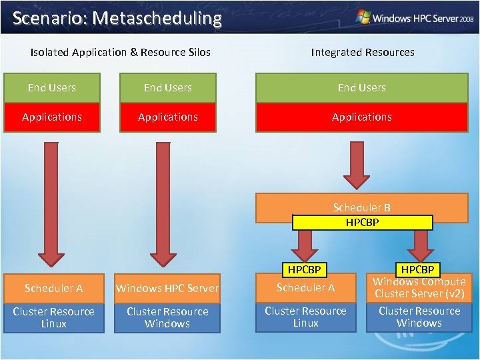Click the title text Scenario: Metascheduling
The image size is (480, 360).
coord(117,18)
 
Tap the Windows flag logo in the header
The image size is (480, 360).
coord(364,17)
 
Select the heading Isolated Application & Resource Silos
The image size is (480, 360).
coord(121,52)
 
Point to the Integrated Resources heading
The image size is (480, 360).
coord(362,52)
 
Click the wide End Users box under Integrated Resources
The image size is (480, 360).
coord(362,87)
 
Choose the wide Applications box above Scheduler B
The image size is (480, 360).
coord(362,117)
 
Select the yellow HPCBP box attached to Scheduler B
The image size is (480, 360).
coord(362,223)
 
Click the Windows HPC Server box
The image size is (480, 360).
coord(167,288)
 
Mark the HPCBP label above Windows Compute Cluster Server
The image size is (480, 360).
coord(418,269)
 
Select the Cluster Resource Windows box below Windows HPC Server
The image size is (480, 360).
coord(167,317)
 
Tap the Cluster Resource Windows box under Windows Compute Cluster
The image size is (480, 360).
coord(419,317)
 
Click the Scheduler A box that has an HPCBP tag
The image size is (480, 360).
coord(305,288)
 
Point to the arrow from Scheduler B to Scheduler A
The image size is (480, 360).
coord(305,245)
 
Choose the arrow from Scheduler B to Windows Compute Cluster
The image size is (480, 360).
coord(420,245)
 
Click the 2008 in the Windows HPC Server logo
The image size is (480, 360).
coord(464,19)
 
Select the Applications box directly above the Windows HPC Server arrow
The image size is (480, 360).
coord(167,117)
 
